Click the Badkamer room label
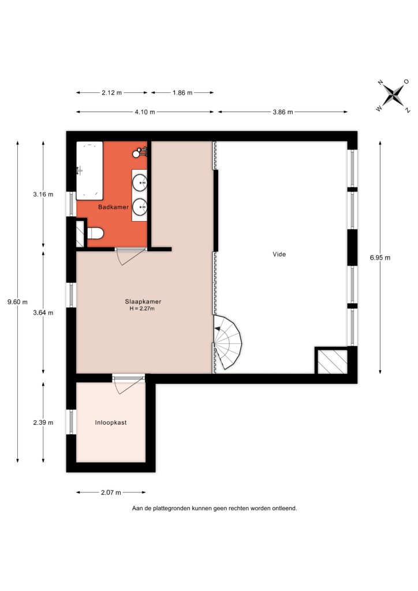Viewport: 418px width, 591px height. [x=113, y=207]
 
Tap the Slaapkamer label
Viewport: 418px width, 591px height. [x=143, y=301]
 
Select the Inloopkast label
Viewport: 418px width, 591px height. [x=111, y=422]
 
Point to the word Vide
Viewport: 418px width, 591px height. [x=279, y=255]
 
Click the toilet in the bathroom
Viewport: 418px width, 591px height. [x=95, y=233]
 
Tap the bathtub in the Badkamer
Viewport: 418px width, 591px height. [x=89, y=170]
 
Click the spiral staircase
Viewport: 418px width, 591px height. [x=227, y=342]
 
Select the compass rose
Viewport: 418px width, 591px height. [x=394, y=95]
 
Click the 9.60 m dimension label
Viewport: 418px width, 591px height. [x=17, y=302]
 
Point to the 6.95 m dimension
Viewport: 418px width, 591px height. [x=380, y=258]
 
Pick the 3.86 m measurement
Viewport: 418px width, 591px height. [x=283, y=112]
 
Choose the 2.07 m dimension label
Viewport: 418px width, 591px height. [x=111, y=492]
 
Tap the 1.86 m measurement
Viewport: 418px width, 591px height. [x=182, y=93]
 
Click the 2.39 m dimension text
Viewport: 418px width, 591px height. [x=43, y=422]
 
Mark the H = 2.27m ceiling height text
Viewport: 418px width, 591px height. [x=142, y=309]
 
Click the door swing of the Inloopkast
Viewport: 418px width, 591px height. [x=126, y=386]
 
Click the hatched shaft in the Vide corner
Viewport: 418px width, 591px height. [x=332, y=362]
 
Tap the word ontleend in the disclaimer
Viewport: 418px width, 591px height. [x=286, y=508]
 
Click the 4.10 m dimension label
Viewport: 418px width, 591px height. [x=145, y=112]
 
